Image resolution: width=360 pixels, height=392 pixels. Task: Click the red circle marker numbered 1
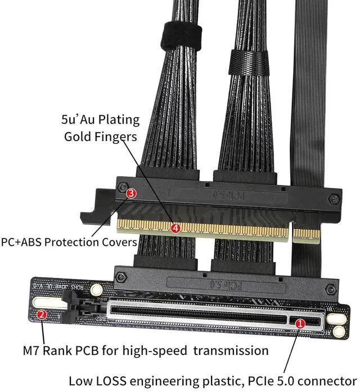click(300, 323)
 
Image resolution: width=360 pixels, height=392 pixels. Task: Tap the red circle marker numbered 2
click(41, 315)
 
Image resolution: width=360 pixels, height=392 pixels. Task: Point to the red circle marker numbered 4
click(175, 228)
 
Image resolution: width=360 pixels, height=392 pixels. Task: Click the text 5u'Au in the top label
click(78, 119)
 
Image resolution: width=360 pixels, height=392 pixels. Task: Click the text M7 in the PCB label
click(31, 351)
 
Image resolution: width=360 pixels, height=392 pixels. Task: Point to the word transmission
click(232, 351)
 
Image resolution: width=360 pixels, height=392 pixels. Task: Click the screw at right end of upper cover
click(335, 199)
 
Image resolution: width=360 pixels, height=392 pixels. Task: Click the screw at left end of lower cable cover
click(120, 276)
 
